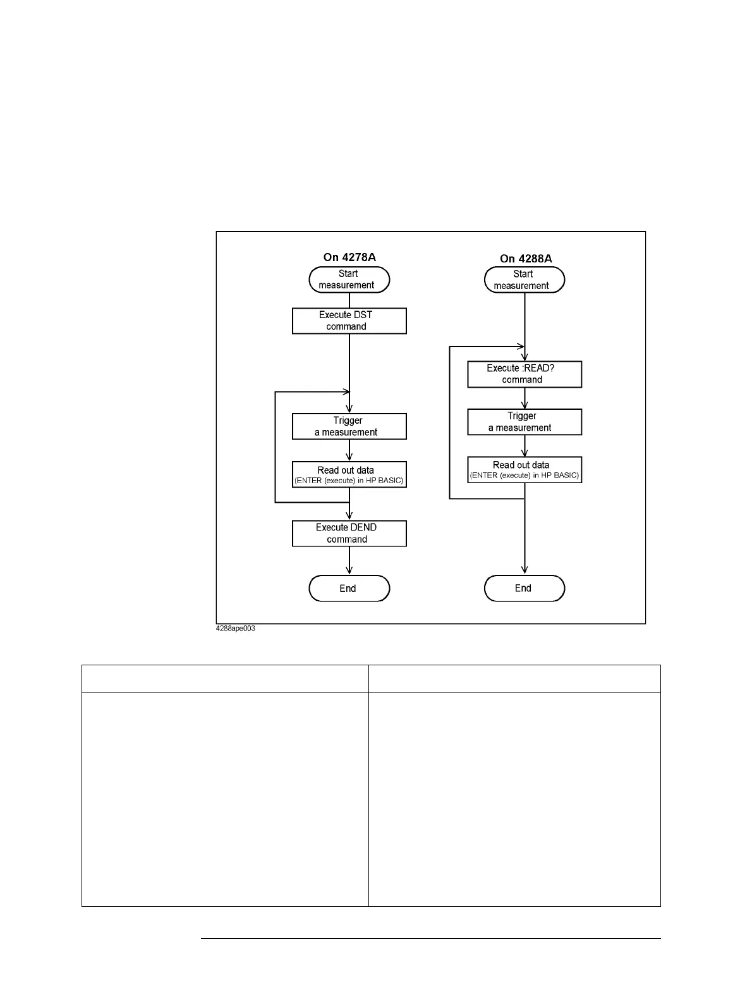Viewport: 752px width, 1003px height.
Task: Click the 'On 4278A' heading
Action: pos(349,257)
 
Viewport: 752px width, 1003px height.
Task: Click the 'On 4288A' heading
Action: pos(526,259)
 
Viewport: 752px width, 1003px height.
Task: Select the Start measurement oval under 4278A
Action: pos(349,280)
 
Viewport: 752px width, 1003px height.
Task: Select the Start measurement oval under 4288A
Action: pos(524,280)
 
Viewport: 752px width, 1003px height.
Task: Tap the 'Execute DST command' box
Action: pos(349,321)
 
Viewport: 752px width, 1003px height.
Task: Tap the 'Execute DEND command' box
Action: pos(349,533)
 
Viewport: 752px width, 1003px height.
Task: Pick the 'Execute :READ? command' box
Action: pos(524,374)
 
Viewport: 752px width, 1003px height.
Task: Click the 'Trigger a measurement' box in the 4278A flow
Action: pos(349,426)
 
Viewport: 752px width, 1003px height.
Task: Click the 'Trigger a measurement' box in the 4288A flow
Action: pos(524,422)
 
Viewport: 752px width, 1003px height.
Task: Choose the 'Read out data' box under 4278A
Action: pos(349,474)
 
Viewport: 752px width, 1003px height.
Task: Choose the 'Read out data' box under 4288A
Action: pos(524,469)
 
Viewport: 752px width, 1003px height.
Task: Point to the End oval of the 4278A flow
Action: pos(349,588)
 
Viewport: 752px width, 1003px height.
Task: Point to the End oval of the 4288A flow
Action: pos(524,588)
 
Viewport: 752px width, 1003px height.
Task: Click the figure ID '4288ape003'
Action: pos(236,629)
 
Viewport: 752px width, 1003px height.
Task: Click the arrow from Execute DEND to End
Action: pos(349,561)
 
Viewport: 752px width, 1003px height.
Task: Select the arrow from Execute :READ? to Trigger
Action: pos(525,398)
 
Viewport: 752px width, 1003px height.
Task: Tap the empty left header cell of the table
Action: pos(225,679)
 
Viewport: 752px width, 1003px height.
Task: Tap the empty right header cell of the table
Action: pos(514,679)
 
